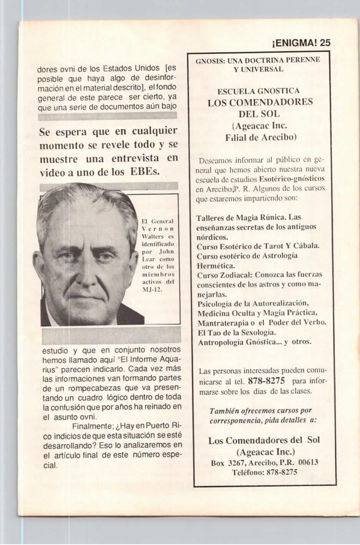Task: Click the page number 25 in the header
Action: (x=325, y=43)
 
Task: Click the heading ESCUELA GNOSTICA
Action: (x=258, y=91)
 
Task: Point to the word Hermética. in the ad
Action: (x=216, y=265)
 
